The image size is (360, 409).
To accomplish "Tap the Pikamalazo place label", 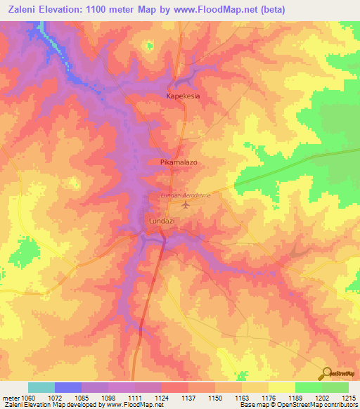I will [179, 162].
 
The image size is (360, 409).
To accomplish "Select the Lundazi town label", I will [162, 221].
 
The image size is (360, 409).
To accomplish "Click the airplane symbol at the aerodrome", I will [186, 205].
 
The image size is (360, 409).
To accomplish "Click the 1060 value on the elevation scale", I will [27, 397].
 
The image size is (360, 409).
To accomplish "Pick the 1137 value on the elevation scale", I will [188, 397].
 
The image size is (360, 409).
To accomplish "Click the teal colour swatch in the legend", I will [41, 387].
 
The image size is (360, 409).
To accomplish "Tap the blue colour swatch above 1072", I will [67, 387].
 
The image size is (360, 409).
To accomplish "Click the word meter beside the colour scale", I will [10, 397].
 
